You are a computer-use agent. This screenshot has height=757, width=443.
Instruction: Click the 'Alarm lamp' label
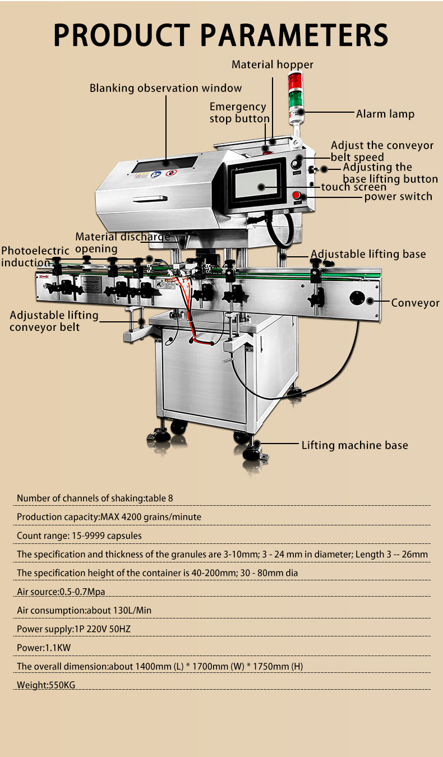[385, 114]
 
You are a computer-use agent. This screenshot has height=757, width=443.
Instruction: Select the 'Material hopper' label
[273, 64]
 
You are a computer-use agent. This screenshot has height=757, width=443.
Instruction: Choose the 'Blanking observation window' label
[165, 88]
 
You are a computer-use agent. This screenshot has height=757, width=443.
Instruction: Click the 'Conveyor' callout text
[415, 303]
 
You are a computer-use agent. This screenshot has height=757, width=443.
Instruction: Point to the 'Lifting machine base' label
[354, 445]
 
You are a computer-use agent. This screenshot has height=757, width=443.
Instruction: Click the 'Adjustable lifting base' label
[368, 254]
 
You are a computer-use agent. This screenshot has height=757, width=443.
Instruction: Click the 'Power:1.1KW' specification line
[44, 648]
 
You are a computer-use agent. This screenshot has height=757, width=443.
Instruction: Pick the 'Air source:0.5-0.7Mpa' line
[61, 592]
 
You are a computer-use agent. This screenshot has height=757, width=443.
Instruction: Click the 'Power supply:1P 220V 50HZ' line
[73, 629]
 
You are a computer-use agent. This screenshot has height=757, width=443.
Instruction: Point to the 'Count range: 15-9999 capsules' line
[79, 536]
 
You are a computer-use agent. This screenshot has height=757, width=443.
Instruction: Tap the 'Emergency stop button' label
[239, 112]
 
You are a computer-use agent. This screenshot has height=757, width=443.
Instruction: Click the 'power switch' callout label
[398, 196]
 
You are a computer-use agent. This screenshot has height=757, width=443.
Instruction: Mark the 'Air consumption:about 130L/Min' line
[84, 610]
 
